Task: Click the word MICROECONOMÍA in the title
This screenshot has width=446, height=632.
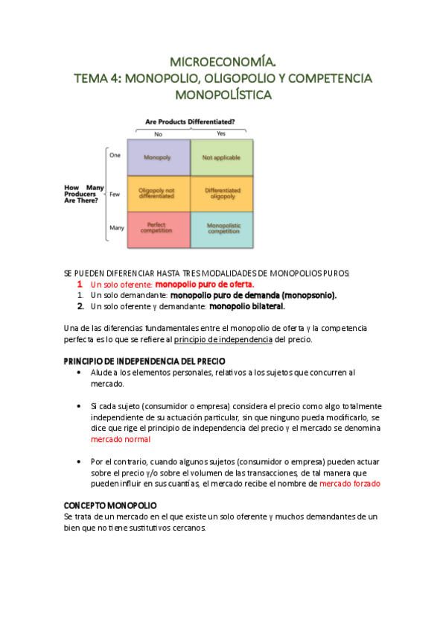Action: coord(223,61)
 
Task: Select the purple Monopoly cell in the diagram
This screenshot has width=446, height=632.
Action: coord(158,158)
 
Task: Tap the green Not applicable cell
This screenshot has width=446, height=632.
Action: coord(222,158)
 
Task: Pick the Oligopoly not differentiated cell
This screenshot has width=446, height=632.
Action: coord(158,194)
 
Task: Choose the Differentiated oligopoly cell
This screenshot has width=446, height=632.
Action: coord(222,194)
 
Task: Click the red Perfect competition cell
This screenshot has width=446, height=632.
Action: coord(158,229)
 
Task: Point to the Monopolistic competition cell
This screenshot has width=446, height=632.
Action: coord(222,229)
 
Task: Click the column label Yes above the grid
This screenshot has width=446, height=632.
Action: coord(220,133)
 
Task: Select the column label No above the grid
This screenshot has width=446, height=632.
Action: coord(158,133)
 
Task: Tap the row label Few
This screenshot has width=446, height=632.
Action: coord(115,193)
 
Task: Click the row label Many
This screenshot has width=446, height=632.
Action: coord(116,227)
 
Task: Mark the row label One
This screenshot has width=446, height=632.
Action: coord(115,155)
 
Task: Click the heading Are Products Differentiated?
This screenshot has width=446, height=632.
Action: coord(190,121)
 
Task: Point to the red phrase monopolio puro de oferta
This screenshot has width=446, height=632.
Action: coord(204,285)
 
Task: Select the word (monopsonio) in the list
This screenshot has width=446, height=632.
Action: coord(307,295)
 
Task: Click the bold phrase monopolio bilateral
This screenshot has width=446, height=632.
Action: coord(247,306)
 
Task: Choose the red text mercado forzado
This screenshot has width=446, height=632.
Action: coord(350,484)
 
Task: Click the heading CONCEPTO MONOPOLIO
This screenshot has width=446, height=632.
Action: coord(110,505)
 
